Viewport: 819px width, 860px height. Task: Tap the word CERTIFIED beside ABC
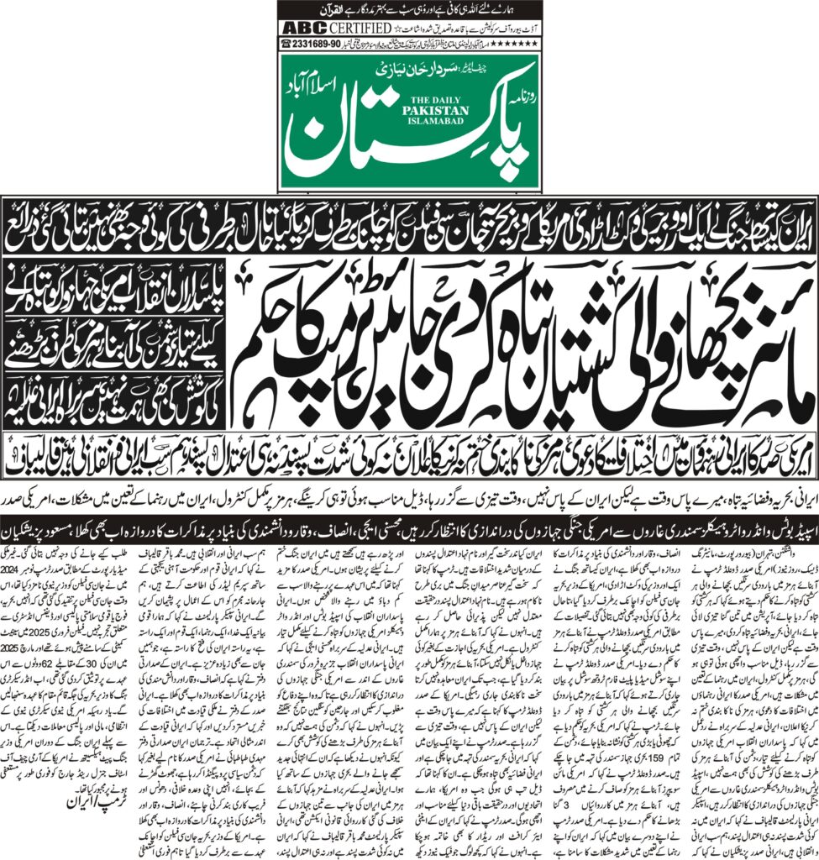click(x=356, y=26)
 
